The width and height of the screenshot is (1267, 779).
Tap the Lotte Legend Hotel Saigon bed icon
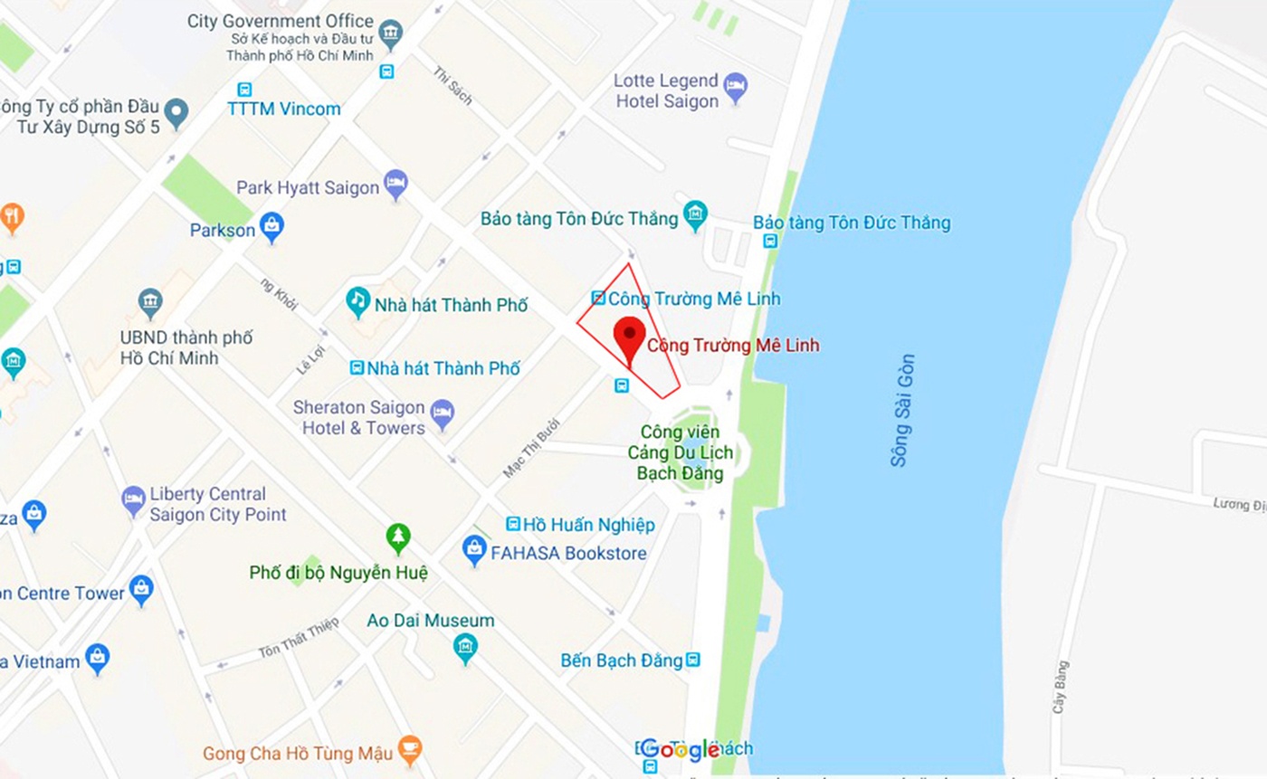pos(736,85)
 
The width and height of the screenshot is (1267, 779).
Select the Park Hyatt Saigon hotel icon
pos(395,183)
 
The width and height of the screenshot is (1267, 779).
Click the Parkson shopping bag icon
pos(271,225)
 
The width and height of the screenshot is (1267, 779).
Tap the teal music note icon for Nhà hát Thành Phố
pos(358,300)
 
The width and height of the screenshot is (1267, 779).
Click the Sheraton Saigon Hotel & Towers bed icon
pos(442,413)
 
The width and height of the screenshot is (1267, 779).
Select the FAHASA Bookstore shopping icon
pos(474,547)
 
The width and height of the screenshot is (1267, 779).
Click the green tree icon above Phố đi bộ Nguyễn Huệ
pos(397,537)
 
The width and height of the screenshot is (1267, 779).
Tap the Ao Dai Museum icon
pos(465,647)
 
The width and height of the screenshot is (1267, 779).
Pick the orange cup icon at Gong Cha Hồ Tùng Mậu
pos(410,748)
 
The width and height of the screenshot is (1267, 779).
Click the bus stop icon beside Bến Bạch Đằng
pos(693,660)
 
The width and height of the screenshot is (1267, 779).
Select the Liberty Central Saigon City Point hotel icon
pos(133,499)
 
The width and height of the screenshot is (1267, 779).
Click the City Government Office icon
pos(390,33)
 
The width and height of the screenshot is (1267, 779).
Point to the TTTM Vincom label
pos(283,109)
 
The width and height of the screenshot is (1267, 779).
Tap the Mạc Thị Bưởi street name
pos(532,448)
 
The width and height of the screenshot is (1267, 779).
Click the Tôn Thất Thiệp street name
pos(299,637)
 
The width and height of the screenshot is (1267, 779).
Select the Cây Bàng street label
pos(1061,687)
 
